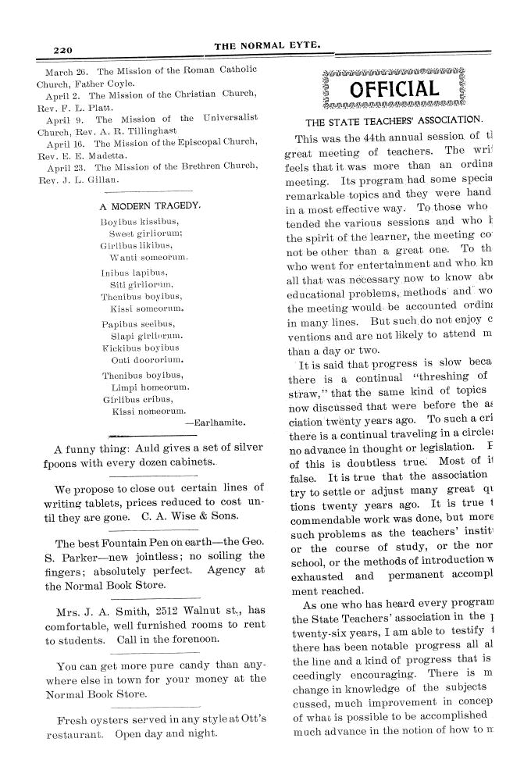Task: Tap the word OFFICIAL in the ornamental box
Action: (x=394, y=89)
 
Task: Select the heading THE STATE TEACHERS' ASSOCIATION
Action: (x=394, y=121)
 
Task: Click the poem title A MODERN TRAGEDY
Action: (x=150, y=208)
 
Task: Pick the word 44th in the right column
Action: (x=372, y=138)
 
